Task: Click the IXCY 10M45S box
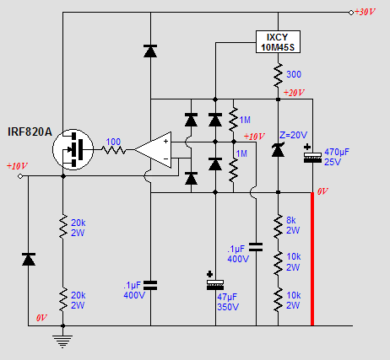(x=278, y=42)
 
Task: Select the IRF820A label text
(x=30, y=132)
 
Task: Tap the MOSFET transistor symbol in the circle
(x=73, y=149)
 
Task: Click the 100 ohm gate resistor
(x=113, y=150)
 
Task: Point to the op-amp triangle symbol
(x=153, y=150)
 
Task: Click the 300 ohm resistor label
(x=294, y=74)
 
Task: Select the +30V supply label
(x=365, y=12)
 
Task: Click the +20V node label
(x=294, y=93)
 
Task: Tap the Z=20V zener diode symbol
(x=278, y=149)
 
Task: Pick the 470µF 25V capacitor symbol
(x=312, y=155)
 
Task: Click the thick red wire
(x=312, y=259)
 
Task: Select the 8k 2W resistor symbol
(x=278, y=226)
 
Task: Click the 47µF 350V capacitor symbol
(x=215, y=282)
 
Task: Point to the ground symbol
(x=62, y=341)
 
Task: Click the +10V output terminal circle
(x=20, y=176)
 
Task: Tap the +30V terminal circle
(x=351, y=13)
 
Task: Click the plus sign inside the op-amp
(x=165, y=142)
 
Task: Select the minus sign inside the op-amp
(x=166, y=159)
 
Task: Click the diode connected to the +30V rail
(x=150, y=51)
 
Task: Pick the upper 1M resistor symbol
(x=233, y=120)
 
